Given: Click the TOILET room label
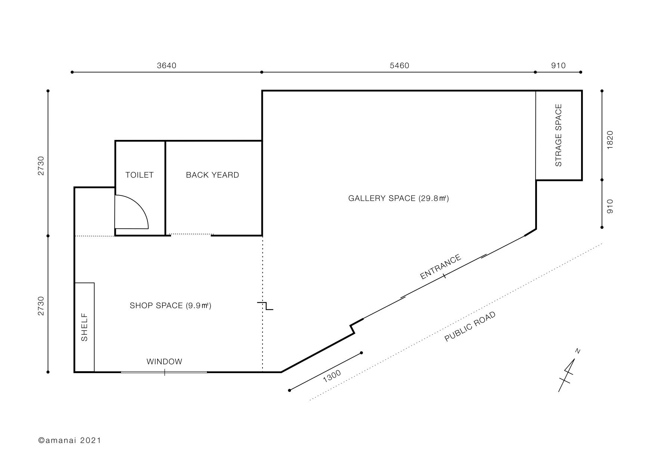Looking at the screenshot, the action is (139, 175).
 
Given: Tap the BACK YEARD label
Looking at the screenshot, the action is (212, 175).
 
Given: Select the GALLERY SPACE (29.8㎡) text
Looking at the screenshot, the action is (398, 198).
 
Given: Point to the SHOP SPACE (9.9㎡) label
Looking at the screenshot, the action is (170, 306).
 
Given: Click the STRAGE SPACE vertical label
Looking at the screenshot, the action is (558, 135).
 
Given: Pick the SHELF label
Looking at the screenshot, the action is (84, 327).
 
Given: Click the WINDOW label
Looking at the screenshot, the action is (164, 362).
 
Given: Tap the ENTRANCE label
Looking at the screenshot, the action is (441, 267).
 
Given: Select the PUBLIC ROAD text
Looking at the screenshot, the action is (470, 326).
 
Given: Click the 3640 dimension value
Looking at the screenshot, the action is (167, 66).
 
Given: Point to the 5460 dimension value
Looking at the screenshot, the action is (400, 66).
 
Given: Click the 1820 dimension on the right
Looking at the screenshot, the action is (610, 140).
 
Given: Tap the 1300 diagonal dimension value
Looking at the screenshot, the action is (332, 376).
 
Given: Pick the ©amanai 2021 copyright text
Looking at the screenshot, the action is (70, 440).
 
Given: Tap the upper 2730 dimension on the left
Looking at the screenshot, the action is (41, 166).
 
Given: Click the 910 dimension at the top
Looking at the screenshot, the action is (558, 66).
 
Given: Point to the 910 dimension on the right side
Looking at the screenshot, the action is (610, 206).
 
